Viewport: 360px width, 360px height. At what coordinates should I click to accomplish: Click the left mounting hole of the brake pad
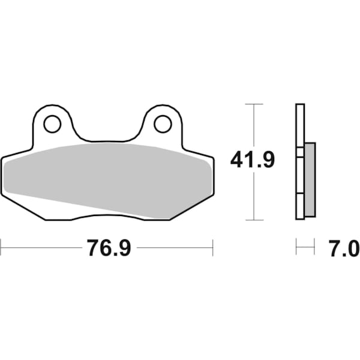click(52, 124)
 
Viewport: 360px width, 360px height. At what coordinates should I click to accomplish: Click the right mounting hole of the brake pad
click(162, 124)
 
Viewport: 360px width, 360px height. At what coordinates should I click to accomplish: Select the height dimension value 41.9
click(253, 160)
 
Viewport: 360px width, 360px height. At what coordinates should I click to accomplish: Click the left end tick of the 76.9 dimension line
click(1, 247)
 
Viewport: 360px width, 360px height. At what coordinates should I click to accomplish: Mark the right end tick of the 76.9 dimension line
click(212, 247)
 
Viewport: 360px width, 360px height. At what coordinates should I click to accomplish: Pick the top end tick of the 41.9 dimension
click(255, 104)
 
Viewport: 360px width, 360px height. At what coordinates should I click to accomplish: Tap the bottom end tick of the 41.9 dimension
click(255, 220)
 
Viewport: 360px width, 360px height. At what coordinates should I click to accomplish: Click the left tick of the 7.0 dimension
click(296, 247)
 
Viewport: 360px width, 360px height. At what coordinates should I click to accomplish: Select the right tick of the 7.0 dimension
click(314, 247)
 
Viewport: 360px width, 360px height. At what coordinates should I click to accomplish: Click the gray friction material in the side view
click(310, 180)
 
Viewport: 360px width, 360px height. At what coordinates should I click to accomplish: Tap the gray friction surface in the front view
click(108, 177)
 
